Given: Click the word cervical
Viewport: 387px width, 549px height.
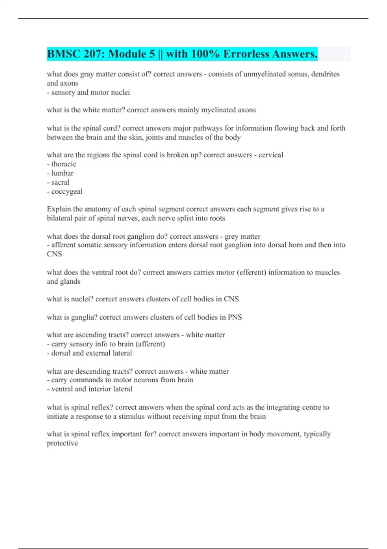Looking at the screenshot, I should point(271,155).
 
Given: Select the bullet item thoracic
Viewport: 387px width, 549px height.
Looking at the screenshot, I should point(64,164).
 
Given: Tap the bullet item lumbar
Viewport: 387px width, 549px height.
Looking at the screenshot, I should point(62,173).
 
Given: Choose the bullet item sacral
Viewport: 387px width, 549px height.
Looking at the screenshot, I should point(60,182).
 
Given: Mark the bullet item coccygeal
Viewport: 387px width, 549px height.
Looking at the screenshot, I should point(67,192).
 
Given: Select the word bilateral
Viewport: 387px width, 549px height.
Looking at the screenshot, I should point(60,218).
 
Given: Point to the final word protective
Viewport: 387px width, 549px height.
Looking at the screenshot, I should point(62,443).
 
